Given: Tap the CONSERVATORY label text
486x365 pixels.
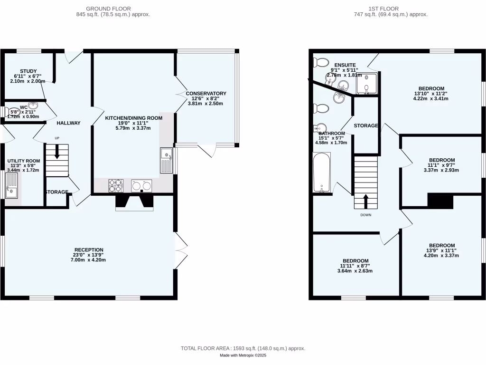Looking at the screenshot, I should [x=206, y=93].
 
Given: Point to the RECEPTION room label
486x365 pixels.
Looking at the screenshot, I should [x=89, y=250].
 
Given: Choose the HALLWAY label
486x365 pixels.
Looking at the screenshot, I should [x=68, y=123].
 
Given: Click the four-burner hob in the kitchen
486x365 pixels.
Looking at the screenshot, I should [x=115, y=185].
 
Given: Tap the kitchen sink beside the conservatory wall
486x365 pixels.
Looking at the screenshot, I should [x=166, y=160].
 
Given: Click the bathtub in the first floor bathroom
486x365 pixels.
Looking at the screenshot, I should [x=321, y=173].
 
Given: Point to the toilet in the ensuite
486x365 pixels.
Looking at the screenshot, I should [x=322, y=62].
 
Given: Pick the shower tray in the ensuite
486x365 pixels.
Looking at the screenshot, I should [x=366, y=83].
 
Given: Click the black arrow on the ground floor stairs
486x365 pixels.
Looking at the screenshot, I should [x=57, y=153].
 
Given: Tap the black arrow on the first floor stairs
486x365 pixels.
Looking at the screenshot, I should [x=365, y=201].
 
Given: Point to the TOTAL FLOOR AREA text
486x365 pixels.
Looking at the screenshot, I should [x=243, y=348].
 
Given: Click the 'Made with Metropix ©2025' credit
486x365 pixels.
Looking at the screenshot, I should [x=243, y=355].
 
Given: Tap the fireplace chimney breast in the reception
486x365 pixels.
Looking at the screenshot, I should [x=135, y=203].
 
